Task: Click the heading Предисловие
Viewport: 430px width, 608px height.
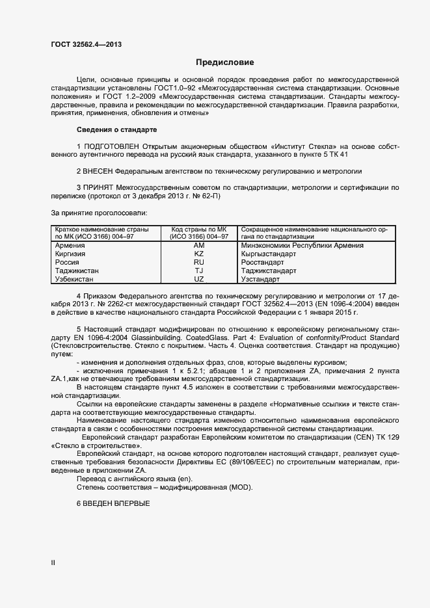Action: pyautogui.click(x=225, y=63)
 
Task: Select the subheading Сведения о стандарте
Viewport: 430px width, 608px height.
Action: pyautogui.click(x=116, y=130)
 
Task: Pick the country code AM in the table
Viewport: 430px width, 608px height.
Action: pyautogui.click(x=199, y=245)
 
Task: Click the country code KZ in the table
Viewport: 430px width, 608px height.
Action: pyautogui.click(x=199, y=254)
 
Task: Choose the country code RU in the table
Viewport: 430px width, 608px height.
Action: pyautogui.click(x=199, y=262)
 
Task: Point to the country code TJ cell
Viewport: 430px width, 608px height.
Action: pyautogui.click(x=199, y=271)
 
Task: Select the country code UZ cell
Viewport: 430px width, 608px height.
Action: pyautogui.click(x=199, y=279)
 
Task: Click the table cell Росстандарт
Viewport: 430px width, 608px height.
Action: pyautogui.click(x=262, y=262)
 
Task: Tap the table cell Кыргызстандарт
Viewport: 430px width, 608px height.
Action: pyautogui.click(x=268, y=254)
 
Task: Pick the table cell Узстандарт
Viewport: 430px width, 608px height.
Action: pyautogui.click(x=260, y=279)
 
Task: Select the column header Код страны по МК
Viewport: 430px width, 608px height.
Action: pyautogui.click(x=199, y=230)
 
